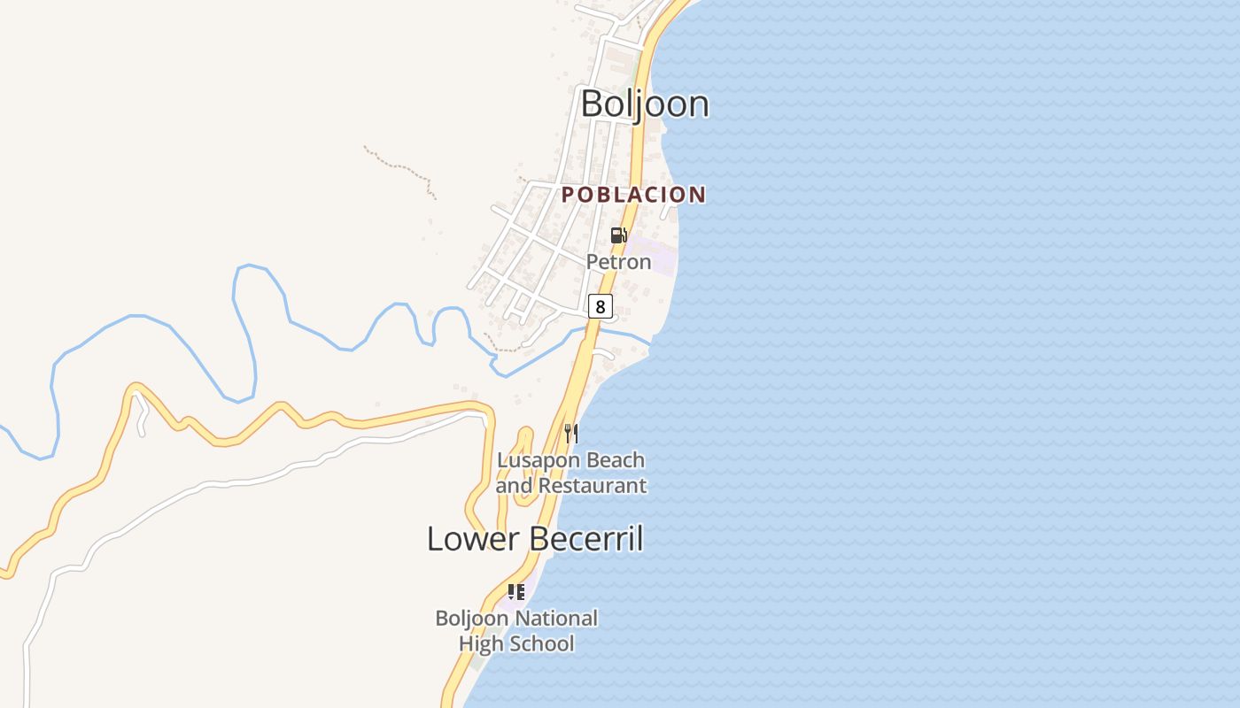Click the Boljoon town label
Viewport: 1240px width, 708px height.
point(645,104)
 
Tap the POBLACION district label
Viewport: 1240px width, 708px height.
point(634,195)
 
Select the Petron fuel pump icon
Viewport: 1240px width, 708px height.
point(618,235)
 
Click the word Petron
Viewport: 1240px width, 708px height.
point(618,262)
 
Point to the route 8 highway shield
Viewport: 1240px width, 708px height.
point(600,307)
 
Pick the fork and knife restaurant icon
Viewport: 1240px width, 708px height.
point(571,433)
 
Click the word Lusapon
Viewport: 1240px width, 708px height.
point(533,460)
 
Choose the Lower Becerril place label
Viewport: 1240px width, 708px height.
point(535,538)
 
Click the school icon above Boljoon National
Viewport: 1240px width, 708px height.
point(515,591)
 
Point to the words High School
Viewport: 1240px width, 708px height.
point(516,643)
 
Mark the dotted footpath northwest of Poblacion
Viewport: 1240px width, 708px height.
point(399,165)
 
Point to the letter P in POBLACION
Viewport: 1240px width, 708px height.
point(568,195)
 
